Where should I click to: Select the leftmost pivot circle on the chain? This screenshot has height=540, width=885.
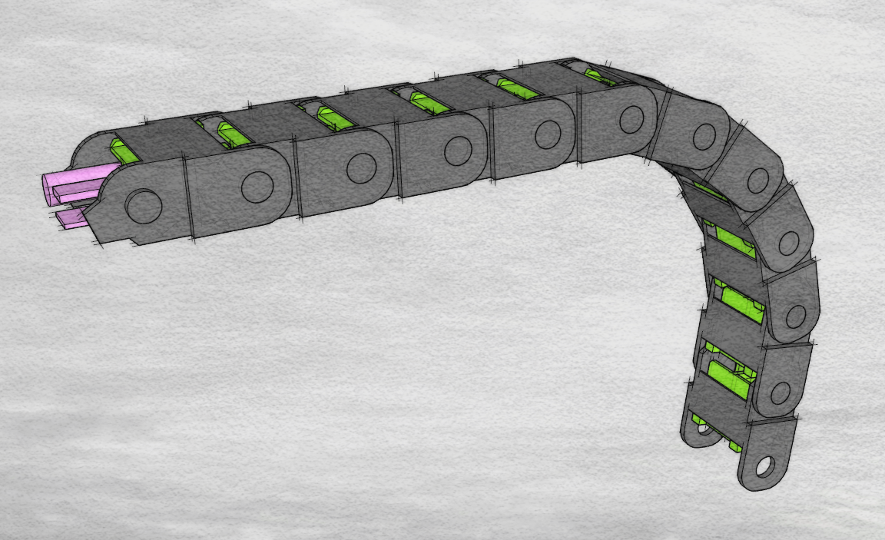coord(144,206)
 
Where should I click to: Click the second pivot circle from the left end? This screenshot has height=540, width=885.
coord(257,186)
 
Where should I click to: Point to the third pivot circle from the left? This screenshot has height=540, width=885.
coord(361,167)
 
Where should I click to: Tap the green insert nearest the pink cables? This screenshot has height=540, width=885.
coord(123,151)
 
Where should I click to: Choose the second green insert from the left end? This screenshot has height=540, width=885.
coord(232,134)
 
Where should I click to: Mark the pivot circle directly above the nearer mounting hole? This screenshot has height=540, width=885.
coord(781,393)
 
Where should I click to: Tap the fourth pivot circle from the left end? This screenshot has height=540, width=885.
coord(458,151)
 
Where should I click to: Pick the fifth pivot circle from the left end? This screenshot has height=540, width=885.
coord(548,134)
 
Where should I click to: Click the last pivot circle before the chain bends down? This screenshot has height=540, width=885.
coord(631,119)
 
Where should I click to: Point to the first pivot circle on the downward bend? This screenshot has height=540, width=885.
coord(704,136)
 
